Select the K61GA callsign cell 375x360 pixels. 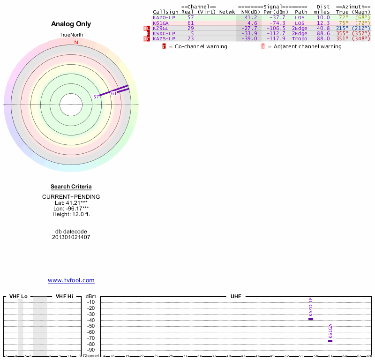160,22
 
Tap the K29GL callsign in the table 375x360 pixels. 160,28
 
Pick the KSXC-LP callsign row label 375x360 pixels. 164,33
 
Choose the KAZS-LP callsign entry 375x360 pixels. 164,38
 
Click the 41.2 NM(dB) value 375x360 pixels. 251,17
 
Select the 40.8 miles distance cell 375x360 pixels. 323,28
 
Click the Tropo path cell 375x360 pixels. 300,38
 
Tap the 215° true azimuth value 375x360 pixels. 342,28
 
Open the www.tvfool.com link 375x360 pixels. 71,280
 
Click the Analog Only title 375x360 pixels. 71,24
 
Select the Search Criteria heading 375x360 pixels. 71,187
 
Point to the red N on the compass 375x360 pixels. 76,42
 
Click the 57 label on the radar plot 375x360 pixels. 96,97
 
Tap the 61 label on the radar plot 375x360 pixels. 113,93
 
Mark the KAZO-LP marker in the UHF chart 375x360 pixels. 310,319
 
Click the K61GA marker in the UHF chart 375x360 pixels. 330,341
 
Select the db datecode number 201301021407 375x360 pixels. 71,237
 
